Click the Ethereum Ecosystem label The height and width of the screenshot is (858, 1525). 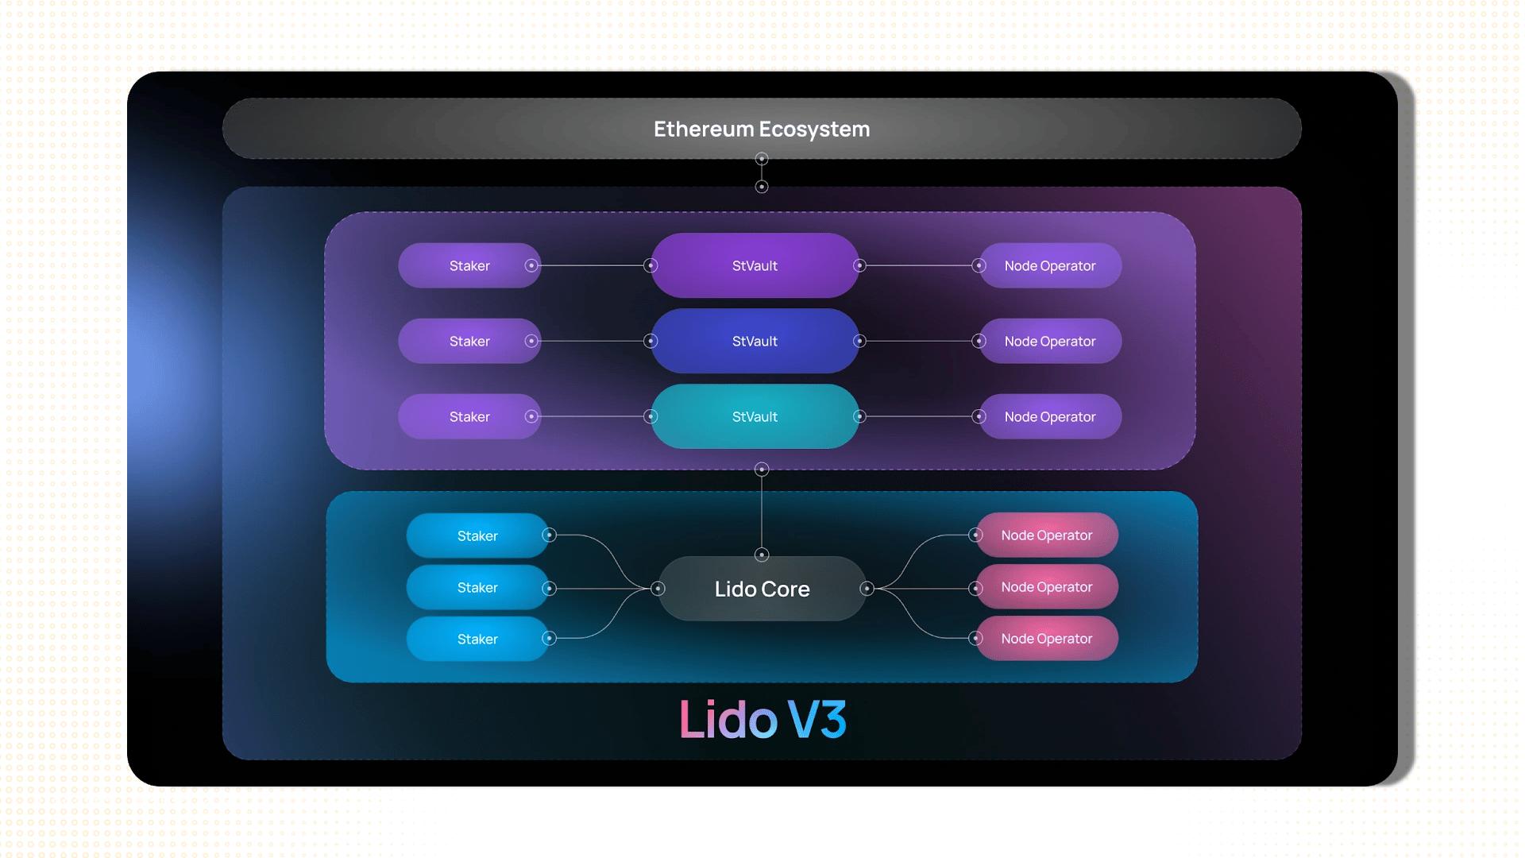coord(762,129)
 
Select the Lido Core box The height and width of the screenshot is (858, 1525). coord(762,589)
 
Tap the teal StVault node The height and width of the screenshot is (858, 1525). coord(755,416)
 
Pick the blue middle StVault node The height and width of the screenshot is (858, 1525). coord(755,341)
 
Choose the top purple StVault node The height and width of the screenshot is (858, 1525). coord(755,265)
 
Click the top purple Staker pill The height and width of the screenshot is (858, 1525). coord(469,265)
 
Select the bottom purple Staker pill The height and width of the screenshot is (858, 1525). coord(469,416)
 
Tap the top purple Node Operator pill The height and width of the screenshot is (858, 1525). coord(1049,265)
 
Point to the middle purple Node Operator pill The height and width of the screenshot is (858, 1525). coord(1049,341)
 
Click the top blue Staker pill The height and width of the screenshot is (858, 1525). coord(477,535)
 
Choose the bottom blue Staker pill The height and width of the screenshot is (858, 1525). coord(477,639)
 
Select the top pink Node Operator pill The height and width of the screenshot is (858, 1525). coord(1046,535)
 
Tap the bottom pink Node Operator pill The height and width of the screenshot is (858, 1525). coord(1046,639)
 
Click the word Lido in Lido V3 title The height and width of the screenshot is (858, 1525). coord(728,720)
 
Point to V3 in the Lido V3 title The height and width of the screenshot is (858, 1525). coord(817,720)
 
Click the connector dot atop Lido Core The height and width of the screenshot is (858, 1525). coord(762,555)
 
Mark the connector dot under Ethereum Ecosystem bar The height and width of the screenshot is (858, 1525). coord(762,159)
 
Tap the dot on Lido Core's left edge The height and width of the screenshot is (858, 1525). coord(658,589)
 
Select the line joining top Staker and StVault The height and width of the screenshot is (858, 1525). coord(592,265)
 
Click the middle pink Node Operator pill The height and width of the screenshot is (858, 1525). coord(1046,587)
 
